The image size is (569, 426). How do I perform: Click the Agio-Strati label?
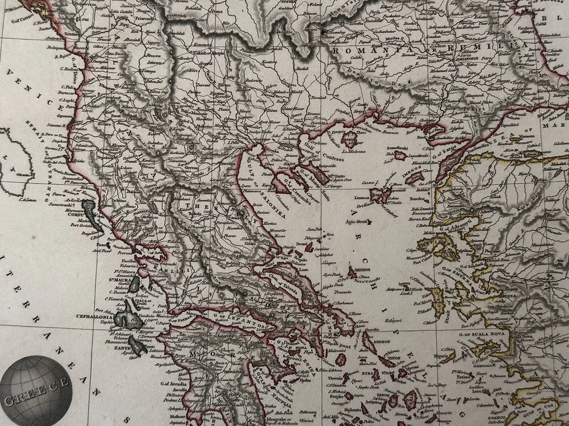[x=367, y=222]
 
